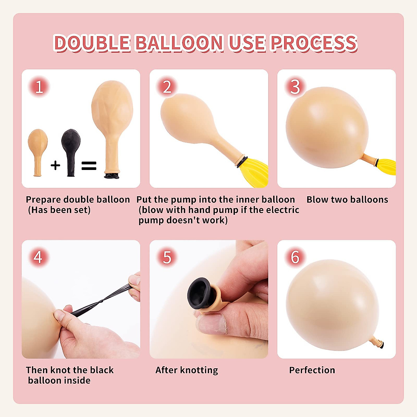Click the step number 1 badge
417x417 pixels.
(x=39, y=87)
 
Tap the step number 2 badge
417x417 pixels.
(x=167, y=87)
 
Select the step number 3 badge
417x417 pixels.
(x=295, y=87)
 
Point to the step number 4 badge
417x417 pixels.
(x=38, y=257)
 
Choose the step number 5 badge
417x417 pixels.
(x=167, y=257)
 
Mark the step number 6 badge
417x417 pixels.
(x=295, y=257)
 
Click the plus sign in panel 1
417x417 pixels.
(x=55, y=165)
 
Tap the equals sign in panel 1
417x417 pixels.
(x=89, y=165)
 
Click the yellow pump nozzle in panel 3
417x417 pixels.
(x=386, y=166)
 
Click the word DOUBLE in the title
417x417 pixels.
(x=92, y=43)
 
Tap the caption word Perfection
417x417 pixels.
(x=312, y=370)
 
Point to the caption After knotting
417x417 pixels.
(x=187, y=370)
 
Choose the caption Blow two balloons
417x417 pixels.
(x=347, y=199)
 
